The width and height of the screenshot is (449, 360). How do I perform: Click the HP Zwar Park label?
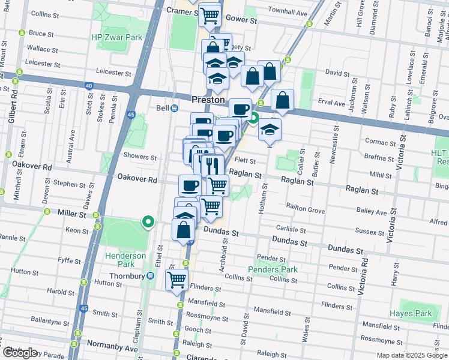116,37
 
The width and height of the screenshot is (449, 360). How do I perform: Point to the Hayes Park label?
411,313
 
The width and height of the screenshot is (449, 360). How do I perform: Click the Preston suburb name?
208,100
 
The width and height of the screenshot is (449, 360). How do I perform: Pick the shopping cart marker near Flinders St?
177,278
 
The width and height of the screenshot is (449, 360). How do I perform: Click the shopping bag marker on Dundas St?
183,229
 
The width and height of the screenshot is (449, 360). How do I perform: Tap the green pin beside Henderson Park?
148,222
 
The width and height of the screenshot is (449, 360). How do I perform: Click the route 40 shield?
89,86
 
